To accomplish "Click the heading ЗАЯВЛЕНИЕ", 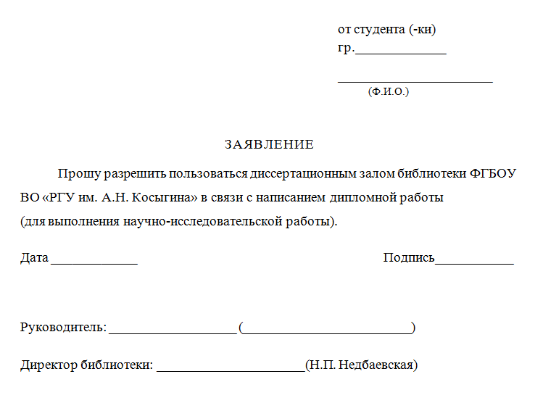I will [269, 144].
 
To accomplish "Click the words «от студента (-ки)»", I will [386, 30].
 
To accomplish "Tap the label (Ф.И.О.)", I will [389, 92].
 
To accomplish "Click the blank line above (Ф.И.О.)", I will [415, 80].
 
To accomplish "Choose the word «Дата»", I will [34, 257].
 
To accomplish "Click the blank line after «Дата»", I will [94, 262].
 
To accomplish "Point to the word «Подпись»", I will [409, 257].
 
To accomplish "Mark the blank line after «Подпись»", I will [474, 262].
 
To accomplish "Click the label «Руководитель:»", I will [63, 328].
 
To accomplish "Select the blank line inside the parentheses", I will [326, 332].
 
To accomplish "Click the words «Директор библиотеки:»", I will [86, 365].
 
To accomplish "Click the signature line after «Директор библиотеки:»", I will [231, 370].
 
